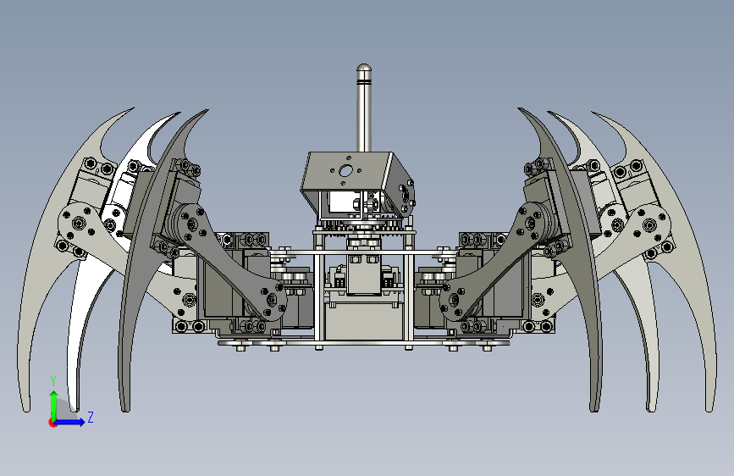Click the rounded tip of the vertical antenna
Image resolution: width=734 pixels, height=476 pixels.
pyautogui.click(x=364, y=69)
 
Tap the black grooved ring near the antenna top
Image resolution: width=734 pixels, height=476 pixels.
pyautogui.click(x=364, y=83)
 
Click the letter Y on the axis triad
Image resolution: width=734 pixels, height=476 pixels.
pyautogui.click(x=53, y=380)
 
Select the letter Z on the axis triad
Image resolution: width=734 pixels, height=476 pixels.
pyautogui.click(x=91, y=417)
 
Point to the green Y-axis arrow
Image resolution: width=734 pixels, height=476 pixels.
pyautogui.click(x=54, y=406)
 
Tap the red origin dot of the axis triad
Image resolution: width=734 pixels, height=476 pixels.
pyautogui.click(x=52, y=423)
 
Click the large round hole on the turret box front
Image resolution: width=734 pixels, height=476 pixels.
pyautogui.click(x=345, y=170)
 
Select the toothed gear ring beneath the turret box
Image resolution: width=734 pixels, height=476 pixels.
pyautogui.click(x=363, y=226)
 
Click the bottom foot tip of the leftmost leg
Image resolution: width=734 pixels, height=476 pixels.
pyautogui.click(x=26, y=409)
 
